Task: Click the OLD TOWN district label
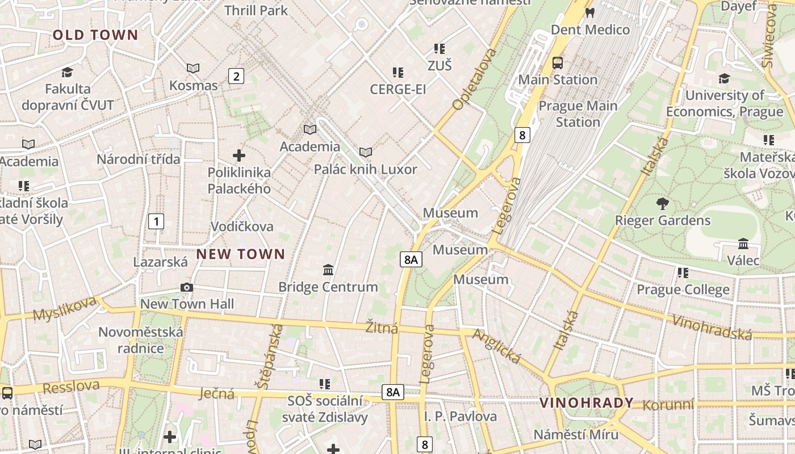click(x=95, y=35)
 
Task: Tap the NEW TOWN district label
click(x=241, y=254)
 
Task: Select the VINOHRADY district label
click(x=586, y=403)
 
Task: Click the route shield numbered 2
click(x=236, y=76)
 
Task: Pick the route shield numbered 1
click(x=156, y=221)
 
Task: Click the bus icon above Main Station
click(x=558, y=63)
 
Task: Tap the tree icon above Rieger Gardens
click(x=662, y=204)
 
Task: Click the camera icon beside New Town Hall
click(x=187, y=288)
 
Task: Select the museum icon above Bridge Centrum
click(x=328, y=270)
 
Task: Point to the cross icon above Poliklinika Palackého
click(x=239, y=155)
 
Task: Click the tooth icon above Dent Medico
click(x=590, y=12)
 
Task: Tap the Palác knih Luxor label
click(x=366, y=169)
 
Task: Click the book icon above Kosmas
click(x=193, y=69)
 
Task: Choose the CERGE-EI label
click(x=397, y=89)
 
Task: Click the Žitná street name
click(x=382, y=327)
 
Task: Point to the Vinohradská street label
click(x=712, y=327)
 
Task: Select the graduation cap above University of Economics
click(x=724, y=78)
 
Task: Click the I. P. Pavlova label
click(x=461, y=417)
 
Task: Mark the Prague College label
click(x=683, y=290)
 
